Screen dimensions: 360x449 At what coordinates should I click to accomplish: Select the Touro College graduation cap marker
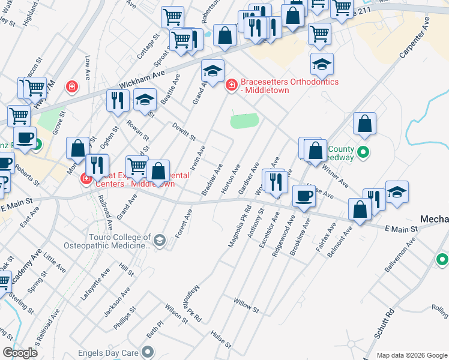[159, 241]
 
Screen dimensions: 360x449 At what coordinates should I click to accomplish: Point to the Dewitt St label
[184, 133]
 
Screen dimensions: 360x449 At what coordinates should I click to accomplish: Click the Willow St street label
[246, 306]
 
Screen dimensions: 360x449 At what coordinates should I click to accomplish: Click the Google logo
[20, 352]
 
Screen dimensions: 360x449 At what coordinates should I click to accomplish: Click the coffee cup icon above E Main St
[304, 196]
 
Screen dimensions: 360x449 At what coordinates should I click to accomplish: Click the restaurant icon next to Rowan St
[116, 101]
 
